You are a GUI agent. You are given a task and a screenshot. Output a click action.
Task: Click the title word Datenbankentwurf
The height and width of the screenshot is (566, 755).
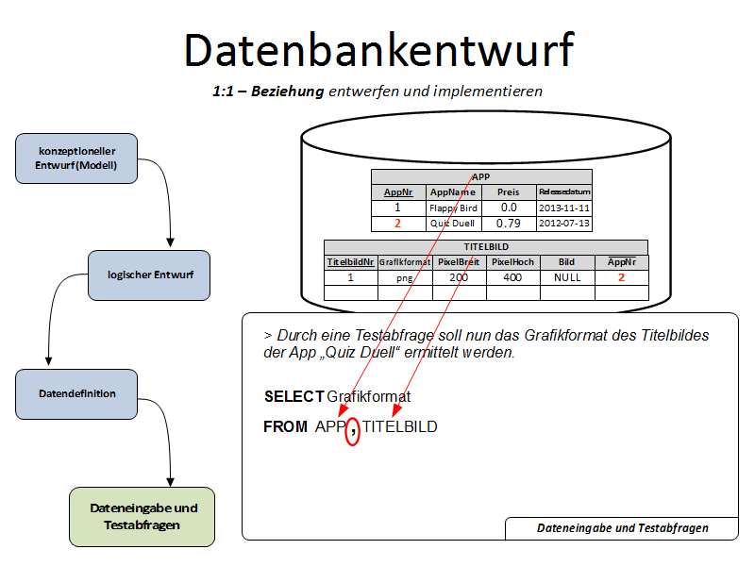click(377, 49)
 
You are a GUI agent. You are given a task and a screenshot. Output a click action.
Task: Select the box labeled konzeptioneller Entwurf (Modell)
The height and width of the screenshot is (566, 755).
click(76, 158)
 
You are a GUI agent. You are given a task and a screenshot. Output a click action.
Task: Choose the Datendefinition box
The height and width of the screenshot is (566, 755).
click(77, 393)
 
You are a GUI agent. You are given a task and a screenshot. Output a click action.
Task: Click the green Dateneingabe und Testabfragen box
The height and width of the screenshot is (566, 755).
click(143, 516)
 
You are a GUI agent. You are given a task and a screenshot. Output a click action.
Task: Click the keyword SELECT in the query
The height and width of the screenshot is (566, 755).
click(294, 396)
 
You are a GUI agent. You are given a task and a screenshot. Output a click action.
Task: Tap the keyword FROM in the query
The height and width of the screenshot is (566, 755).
click(285, 427)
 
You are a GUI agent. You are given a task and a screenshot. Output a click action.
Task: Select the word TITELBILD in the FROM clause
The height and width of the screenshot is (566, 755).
click(400, 427)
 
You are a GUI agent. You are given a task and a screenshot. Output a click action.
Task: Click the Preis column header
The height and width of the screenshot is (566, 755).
click(509, 191)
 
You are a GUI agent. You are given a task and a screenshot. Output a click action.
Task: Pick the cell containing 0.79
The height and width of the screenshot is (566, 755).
click(509, 224)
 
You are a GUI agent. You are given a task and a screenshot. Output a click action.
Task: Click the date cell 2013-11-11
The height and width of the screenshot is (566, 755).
click(564, 208)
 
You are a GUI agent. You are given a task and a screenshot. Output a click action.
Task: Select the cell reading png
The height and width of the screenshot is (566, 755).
click(405, 278)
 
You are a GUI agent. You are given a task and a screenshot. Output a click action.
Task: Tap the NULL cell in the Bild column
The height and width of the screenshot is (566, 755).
click(567, 278)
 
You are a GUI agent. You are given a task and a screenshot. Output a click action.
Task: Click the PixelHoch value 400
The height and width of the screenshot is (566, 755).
click(513, 278)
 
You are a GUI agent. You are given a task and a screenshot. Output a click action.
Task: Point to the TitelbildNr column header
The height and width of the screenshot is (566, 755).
click(350, 262)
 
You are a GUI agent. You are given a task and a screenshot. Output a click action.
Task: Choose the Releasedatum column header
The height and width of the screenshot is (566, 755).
click(564, 191)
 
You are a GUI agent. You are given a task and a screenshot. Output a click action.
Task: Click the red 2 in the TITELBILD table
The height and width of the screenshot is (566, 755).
click(621, 278)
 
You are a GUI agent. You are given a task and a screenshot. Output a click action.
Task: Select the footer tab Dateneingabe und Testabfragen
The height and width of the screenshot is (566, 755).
click(622, 528)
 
